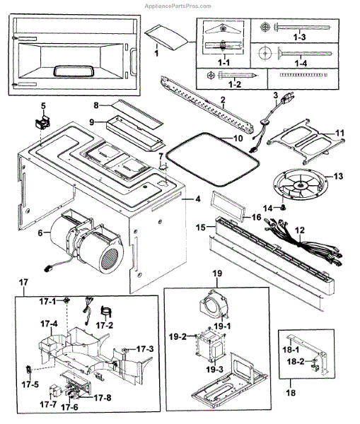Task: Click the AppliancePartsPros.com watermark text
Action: [178, 6]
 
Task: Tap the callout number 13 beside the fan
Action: [338, 177]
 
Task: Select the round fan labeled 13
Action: [300, 185]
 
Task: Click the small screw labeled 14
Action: [284, 208]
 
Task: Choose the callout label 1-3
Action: [299, 37]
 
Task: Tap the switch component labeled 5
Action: [42, 122]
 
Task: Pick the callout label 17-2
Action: [105, 325]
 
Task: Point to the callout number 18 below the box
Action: [291, 392]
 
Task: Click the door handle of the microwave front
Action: [134, 61]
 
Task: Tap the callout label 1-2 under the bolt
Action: [235, 84]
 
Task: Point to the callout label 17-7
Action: [48, 404]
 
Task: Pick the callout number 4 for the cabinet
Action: [198, 199]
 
